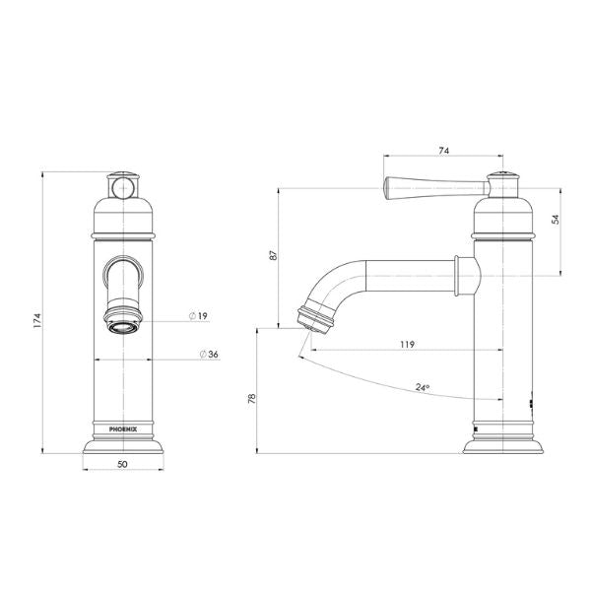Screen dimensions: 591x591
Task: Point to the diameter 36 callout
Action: (208, 355)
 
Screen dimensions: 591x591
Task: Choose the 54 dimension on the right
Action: (556, 221)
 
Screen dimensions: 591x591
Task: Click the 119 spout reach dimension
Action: (406, 344)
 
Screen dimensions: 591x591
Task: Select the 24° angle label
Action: (423, 388)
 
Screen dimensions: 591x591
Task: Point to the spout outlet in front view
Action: (121, 324)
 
